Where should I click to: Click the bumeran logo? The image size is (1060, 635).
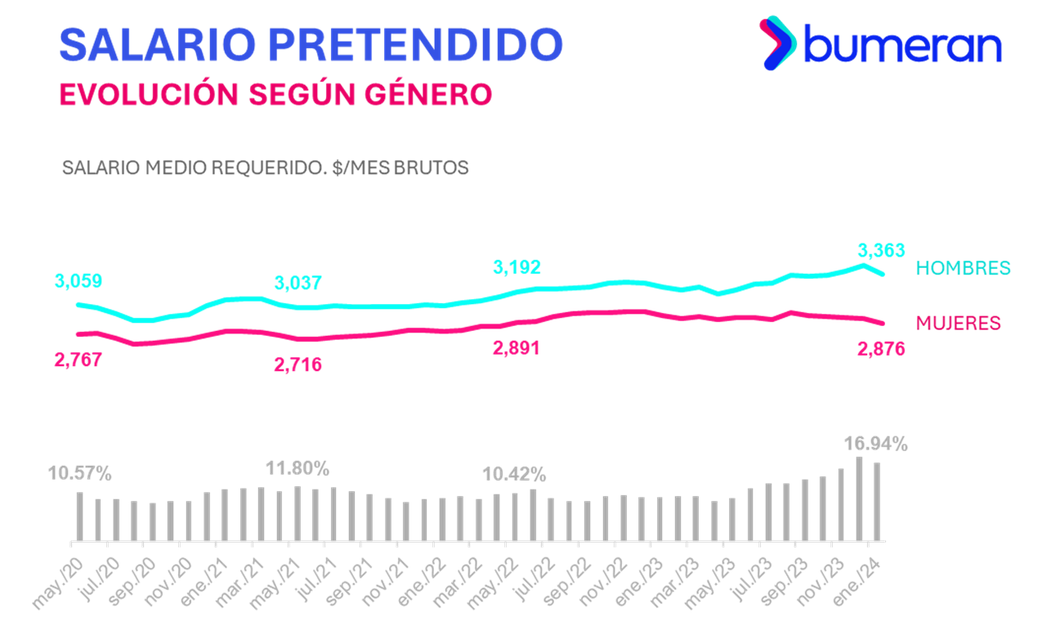tap(881, 44)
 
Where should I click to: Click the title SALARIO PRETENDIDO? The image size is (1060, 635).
tap(311, 45)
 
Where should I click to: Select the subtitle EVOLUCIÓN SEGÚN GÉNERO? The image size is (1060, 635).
tap(276, 94)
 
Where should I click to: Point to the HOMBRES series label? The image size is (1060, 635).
tap(963, 268)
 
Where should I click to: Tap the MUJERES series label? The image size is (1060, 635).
tap(958, 323)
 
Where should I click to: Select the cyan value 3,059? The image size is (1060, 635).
tap(78, 282)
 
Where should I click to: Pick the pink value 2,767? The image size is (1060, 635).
tap(78, 360)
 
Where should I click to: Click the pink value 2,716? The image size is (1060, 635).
tap(297, 364)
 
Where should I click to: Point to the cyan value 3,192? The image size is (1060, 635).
tap(517, 267)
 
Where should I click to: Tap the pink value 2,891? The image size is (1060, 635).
tap(516, 348)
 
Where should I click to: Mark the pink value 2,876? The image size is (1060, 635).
tap(880, 349)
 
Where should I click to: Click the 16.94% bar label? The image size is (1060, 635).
tap(875, 445)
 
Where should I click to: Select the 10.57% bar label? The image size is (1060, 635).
tap(79, 473)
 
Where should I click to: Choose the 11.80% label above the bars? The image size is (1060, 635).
tap(297, 469)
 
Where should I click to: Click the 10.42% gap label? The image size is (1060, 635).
tap(515, 474)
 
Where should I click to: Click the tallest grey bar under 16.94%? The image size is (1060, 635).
tap(860, 499)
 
